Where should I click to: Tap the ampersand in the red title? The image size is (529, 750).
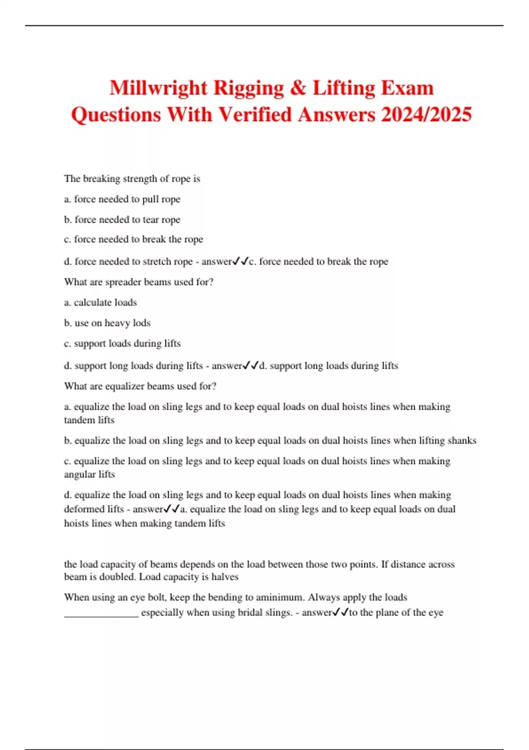[x=298, y=88]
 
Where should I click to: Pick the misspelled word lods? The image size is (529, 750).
[x=142, y=323]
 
